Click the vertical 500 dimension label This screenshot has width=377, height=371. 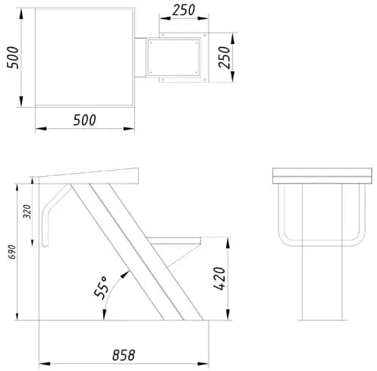coord(13,58)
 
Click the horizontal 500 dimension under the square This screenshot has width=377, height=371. coord(85,120)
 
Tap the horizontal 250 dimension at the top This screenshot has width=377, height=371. coord(184,11)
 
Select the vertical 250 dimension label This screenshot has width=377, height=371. coord(225,58)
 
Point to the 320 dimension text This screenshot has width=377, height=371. coord(27,212)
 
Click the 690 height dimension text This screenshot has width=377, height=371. coord(12,252)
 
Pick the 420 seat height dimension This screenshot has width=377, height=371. coord(219,278)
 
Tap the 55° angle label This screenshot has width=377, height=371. coord(101,288)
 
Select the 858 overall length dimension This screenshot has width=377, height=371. coord(124,355)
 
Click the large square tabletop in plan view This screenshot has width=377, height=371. coord(85,58)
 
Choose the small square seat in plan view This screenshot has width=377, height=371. coord(174,58)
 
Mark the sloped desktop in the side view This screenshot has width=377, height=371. coord(86,176)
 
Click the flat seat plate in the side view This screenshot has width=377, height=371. coord(174,241)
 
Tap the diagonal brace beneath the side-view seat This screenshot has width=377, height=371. coord(184,256)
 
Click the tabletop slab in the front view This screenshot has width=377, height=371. coord(322,176)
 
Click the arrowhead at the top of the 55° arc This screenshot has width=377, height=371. coord(125,274)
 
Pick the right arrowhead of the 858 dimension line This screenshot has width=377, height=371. coord(203,363)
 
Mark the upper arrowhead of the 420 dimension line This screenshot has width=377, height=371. coord(228,243)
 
